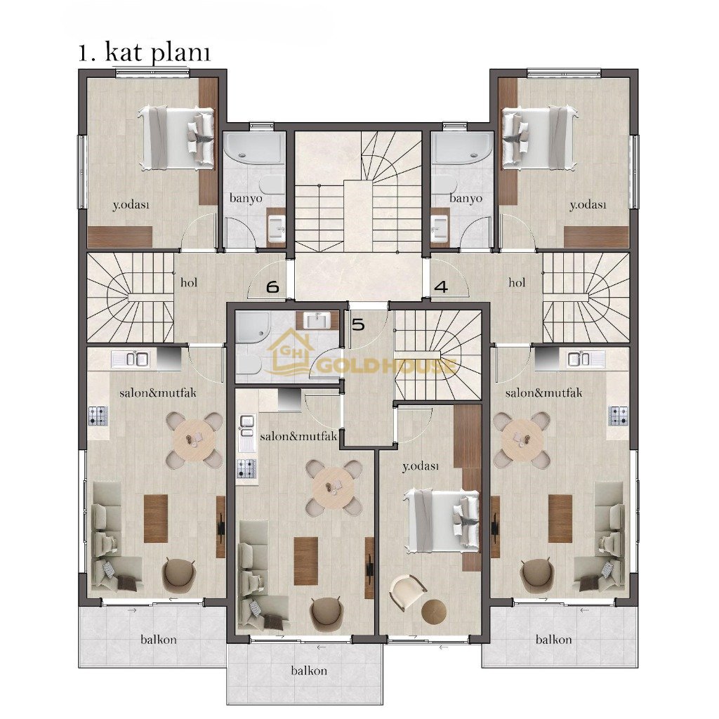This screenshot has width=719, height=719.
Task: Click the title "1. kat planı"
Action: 145,53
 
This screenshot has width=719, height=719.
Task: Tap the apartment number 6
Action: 272,287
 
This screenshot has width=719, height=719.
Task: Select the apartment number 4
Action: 441,287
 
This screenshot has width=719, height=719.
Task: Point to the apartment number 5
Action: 357,324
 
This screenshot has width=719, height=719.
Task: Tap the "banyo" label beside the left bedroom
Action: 246,199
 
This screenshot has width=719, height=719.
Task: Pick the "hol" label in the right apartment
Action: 517,282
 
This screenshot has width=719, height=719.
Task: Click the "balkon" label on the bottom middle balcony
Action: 309,671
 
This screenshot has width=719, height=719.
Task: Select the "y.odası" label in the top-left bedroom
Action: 131,205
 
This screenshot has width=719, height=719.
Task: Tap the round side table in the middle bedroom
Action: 434,612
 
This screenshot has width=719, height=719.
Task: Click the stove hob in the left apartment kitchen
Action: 98,416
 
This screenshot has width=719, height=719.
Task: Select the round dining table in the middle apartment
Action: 334,487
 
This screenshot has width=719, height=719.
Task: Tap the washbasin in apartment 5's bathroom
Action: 317,319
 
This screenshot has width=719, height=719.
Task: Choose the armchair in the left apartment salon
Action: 178,573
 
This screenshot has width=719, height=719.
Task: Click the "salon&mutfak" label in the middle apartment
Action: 298,436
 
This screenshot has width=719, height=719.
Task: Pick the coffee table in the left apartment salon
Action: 156,519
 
